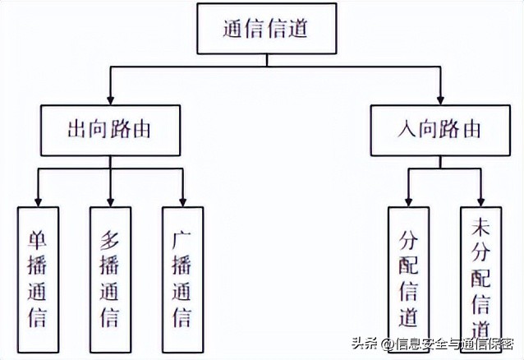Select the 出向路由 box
111,130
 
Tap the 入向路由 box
440,130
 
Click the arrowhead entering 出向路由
111,99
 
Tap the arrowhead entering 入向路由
440,99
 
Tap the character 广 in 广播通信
182,241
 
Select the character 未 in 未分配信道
481,228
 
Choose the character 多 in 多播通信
110,241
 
